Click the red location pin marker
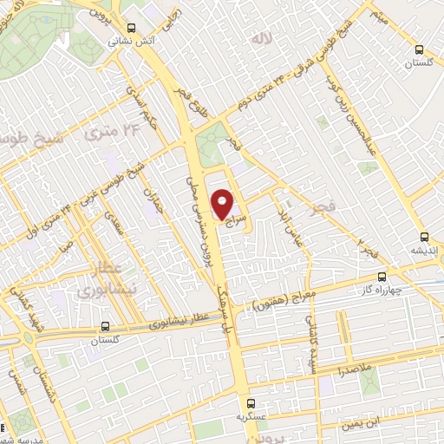point(223,205)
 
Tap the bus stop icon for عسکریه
point(251,403)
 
